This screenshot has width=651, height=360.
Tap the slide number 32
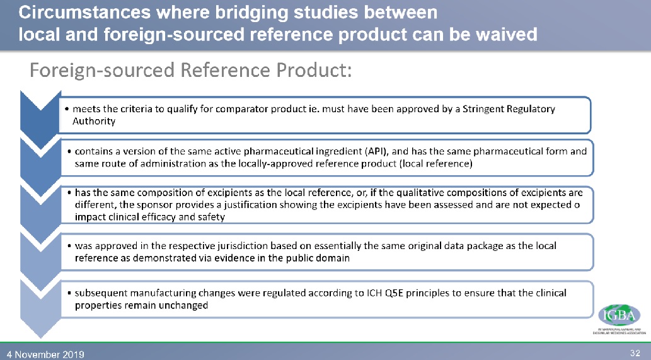[x=635, y=351]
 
